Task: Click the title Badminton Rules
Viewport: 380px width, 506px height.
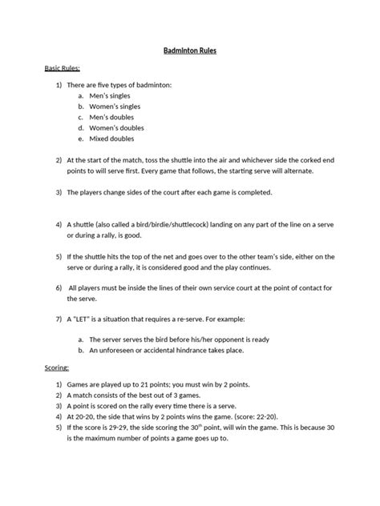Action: tap(190, 50)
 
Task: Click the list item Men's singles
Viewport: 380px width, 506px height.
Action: tap(110, 95)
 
